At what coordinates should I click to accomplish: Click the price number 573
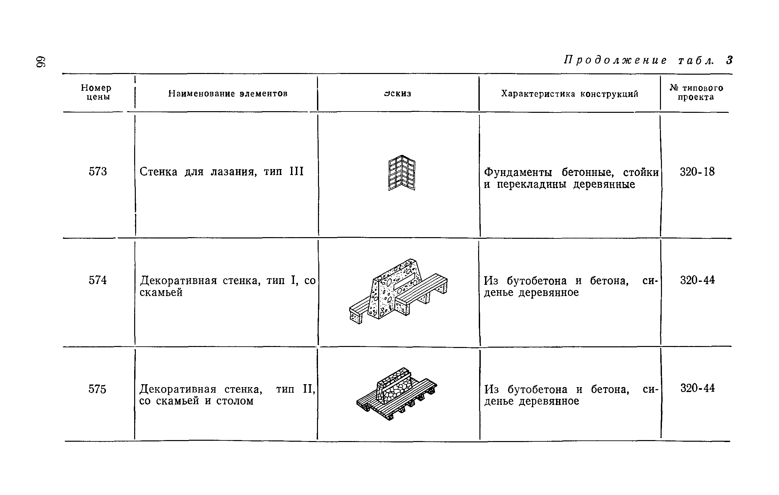coord(98,172)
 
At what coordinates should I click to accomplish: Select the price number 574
coord(98,280)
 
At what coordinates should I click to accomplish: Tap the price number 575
coord(97,389)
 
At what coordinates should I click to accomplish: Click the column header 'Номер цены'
coord(96,92)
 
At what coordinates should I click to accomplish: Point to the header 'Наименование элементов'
coord(228,94)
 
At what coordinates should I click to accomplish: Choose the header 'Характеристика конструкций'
coord(570,94)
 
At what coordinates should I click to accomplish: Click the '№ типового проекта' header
coord(696,92)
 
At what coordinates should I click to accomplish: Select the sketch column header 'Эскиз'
coord(398,94)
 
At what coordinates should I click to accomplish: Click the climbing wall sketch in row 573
coord(402,173)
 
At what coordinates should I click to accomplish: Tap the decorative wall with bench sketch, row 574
coord(398,291)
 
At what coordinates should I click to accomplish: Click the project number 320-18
coord(697,172)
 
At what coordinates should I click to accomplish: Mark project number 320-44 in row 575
coord(697,388)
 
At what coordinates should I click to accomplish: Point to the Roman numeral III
coord(296,171)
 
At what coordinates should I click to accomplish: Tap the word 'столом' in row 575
coord(235,401)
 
